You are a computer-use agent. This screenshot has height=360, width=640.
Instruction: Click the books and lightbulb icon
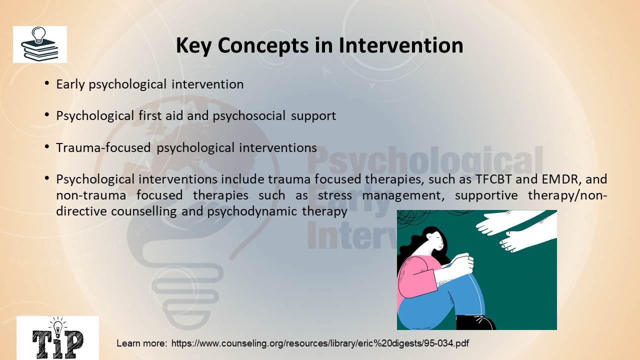point(40,44)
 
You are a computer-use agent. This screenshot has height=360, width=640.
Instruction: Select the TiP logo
point(57,337)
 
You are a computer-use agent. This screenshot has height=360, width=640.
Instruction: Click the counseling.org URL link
point(320,343)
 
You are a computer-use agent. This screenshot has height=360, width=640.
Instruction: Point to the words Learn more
point(141,343)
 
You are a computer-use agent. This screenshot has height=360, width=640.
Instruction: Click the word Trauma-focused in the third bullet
point(103,147)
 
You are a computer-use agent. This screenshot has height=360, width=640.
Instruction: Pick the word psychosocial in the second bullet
point(249,116)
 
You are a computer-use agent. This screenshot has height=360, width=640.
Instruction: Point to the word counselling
point(143,211)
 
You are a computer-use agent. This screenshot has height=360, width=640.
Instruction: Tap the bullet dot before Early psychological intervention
point(47,83)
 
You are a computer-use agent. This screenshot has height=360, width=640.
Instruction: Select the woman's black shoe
point(475,322)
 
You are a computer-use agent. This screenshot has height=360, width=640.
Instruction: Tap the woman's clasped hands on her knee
point(461,263)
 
